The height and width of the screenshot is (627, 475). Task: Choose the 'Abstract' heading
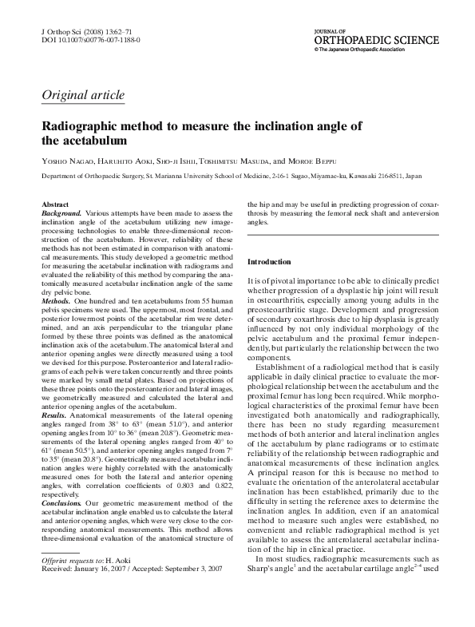pyautogui.click(x=55, y=205)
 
